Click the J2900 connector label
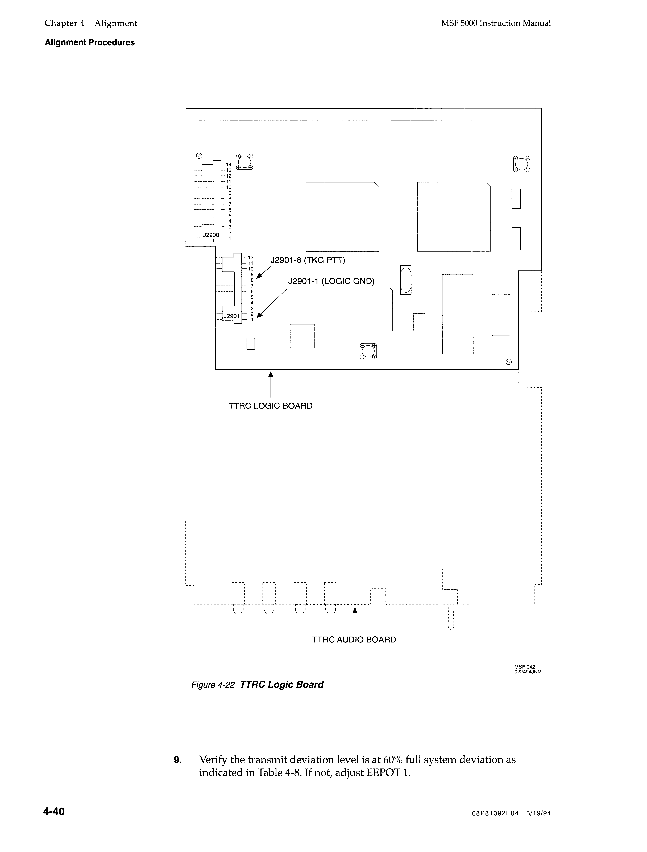pos(211,235)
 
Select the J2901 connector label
pos(232,316)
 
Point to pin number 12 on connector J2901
pos(250,257)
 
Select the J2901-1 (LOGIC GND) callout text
pos(331,281)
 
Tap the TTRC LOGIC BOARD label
pos(271,406)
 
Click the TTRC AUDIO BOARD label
pos(354,640)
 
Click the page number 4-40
pos(54,812)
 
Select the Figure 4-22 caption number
pos(213,685)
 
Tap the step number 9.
pos(177,760)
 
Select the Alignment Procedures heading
pos(90,43)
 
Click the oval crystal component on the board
pos(406,280)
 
